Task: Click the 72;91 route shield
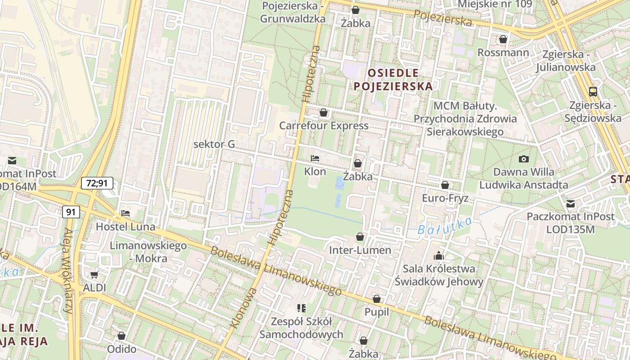pyautogui.click(x=97, y=183)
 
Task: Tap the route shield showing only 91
pyautogui.click(x=70, y=212)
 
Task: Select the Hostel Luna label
pyautogui.click(x=126, y=227)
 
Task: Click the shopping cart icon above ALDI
pyautogui.click(x=94, y=274)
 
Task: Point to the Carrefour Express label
pyautogui.click(x=324, y=126)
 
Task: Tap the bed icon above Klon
pyautogui.click(x=315, y=158)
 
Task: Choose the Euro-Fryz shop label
pyautogui.click(x=445, y=198)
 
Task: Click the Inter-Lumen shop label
pyautogui.click(x=360, y=250)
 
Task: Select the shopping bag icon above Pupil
pyautogui.click(x=377, y=299)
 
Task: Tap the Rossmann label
pyautogui.click(x=503, y=52)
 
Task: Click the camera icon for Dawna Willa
pyautogui.click(x=523, y=159)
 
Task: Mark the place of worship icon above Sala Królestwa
pyautogui.click(x=438, y=256)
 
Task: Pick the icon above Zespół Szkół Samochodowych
pyautogui.click(x=301, y=308)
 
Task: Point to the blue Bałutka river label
pyautogui.click(x=444, y=226)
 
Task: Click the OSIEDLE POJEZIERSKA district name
pyautogui.click(x=393, y=79)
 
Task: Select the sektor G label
pyautogui.click(x=214, y=144)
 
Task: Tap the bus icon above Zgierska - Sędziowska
pyautogui.click(x=593, y=92)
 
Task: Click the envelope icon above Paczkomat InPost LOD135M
pyautogui.click(x=571, y=204)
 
